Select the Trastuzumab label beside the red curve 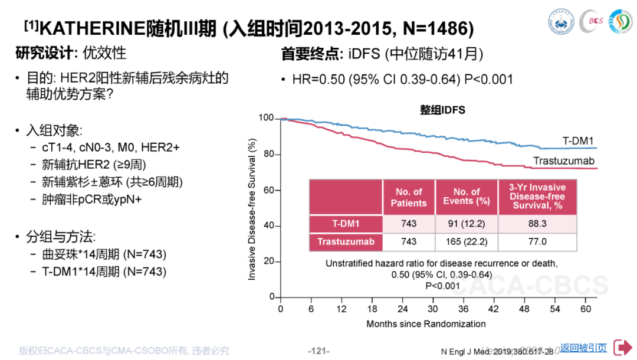pos(564,161)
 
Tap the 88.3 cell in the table pos(537,224)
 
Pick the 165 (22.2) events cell pos(467,242)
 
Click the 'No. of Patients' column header pos(409,197)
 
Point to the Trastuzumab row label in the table pos(346,242)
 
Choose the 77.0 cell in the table pos(537,242)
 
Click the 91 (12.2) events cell pos(467,224)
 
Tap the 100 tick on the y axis pos(266,119)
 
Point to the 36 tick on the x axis pos(464,309)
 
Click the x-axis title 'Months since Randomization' pos(426,324)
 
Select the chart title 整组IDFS pos(442,110)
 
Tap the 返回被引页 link pos(583,348)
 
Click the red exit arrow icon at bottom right pos(622,348)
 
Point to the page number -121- pos(318,351)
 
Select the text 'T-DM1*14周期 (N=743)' pos(104,271)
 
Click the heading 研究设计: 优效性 pos(71,53)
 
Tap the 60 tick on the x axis pos(586,309)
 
